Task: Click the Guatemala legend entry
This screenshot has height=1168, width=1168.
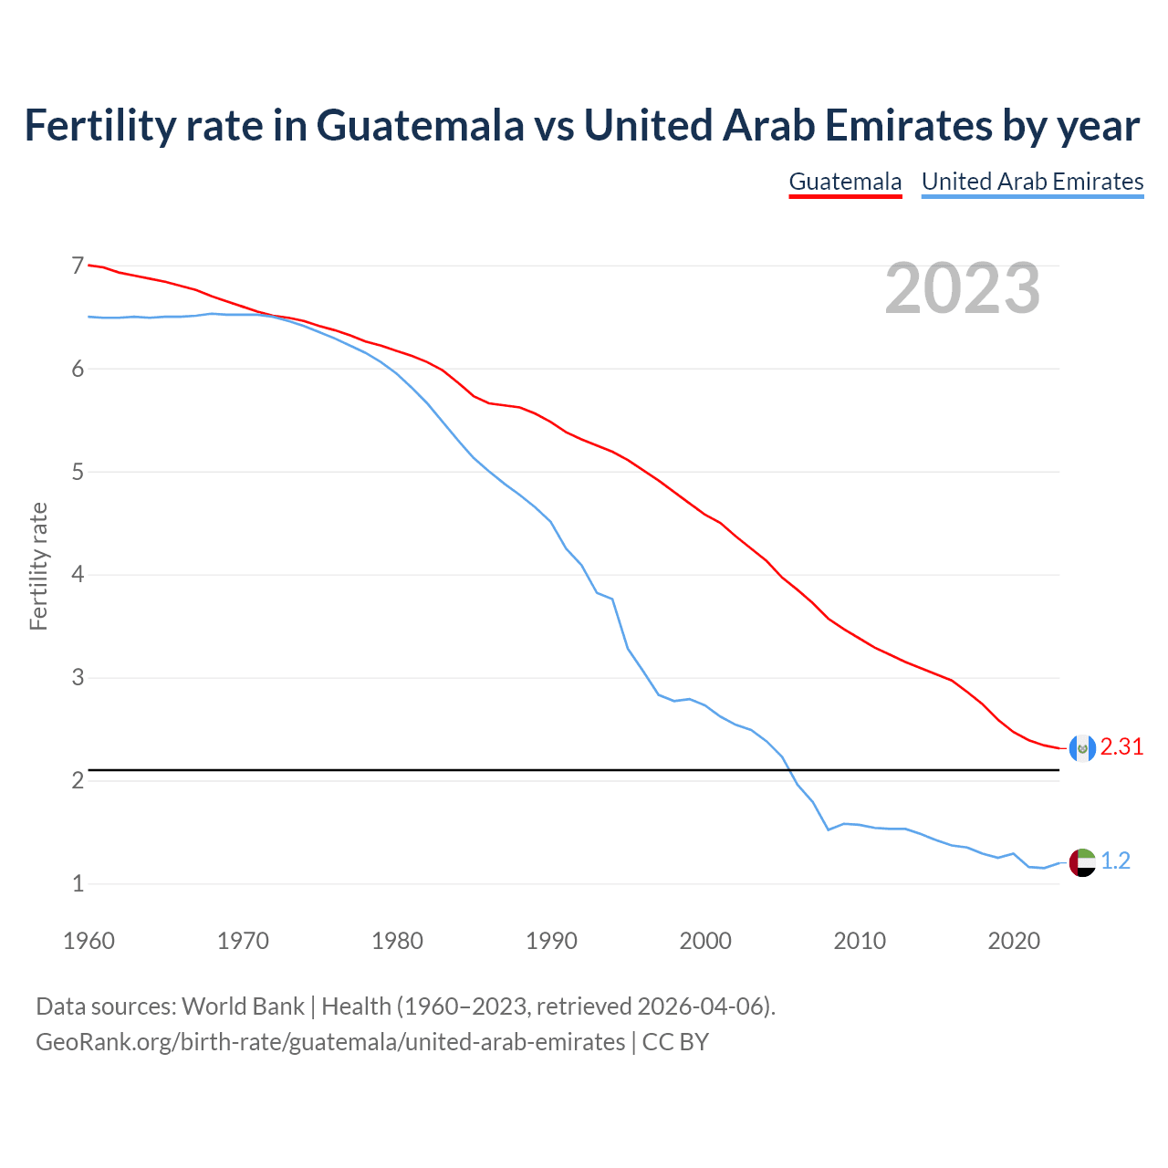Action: coord(845,182)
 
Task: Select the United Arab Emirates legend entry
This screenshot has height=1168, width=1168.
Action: coord(1032,182)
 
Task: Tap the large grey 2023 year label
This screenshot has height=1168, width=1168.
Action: coord(962,288)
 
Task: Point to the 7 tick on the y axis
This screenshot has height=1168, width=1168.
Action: coord(78,266)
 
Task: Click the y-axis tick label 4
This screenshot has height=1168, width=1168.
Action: coord(78,575)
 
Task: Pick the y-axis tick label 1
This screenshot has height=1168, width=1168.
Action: coord(78,883)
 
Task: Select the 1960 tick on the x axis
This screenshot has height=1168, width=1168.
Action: coord(89,941)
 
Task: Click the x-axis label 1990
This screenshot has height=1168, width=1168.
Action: coord(551,941)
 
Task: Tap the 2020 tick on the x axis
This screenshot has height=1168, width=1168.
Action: coord(1014,941)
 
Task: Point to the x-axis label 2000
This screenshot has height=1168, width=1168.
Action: coord(705,941)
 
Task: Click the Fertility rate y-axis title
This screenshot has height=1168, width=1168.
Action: coord(38,566)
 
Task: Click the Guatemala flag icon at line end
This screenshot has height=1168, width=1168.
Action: coord(1081,748)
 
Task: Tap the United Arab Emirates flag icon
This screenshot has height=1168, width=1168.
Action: coord(1081,862)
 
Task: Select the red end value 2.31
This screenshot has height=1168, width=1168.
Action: coord(1121,747)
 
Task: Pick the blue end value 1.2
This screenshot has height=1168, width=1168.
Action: coord(1115,861)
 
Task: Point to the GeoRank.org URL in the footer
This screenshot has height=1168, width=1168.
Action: coord(330,1042)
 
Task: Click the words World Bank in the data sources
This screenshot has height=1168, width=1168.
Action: coord(243,1006)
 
